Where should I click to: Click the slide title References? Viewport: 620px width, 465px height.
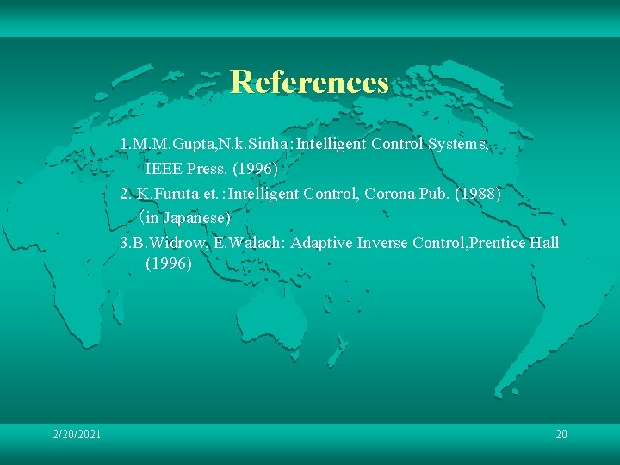310,83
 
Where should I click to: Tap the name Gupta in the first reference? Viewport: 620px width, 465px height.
179,144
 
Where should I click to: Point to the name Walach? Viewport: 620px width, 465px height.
254,244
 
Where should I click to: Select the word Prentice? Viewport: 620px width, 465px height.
499,244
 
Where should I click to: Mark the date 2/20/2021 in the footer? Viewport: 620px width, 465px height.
77,434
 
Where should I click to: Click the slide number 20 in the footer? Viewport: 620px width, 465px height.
561,434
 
